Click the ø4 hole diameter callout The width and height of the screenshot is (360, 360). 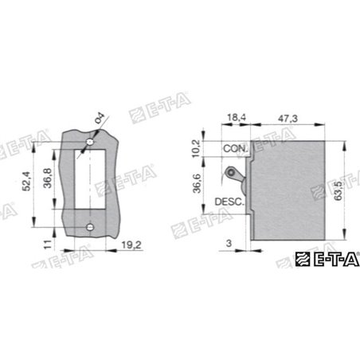(99, 119)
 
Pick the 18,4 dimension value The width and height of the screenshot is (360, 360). (237, 118)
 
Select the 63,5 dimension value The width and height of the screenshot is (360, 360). (351, 192)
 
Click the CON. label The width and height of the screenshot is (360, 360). (236, 149)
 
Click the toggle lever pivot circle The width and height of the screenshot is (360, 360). (231, 173)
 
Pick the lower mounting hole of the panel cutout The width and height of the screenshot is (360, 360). (90, 229)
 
